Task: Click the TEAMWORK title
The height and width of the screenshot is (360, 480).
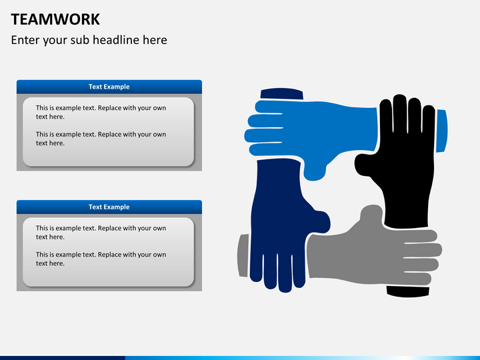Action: (x=55, y=19)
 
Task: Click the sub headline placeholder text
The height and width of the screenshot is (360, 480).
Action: (x=89, y=40)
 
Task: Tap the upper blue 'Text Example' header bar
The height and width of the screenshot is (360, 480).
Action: (x=109, y=87)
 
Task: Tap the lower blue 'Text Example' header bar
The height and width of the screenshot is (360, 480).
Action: (x=109, y=207)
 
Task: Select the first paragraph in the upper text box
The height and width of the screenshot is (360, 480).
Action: (x=101, y=112)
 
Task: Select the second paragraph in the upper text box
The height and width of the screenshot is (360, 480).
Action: (x=101, y=139)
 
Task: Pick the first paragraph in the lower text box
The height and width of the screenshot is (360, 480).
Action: (x=101, y=232)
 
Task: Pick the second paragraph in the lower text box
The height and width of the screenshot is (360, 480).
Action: (x=101, y=259)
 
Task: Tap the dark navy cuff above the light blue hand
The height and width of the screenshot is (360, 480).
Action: (x=281, y=94)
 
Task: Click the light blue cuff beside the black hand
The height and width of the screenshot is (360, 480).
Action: (x=441, y=130)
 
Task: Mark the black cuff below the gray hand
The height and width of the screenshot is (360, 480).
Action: (x=407, y=291)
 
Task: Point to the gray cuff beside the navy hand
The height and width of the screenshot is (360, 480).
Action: (x=243, y=255)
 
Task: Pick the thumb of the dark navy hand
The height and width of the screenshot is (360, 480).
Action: (x=319, y=220)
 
